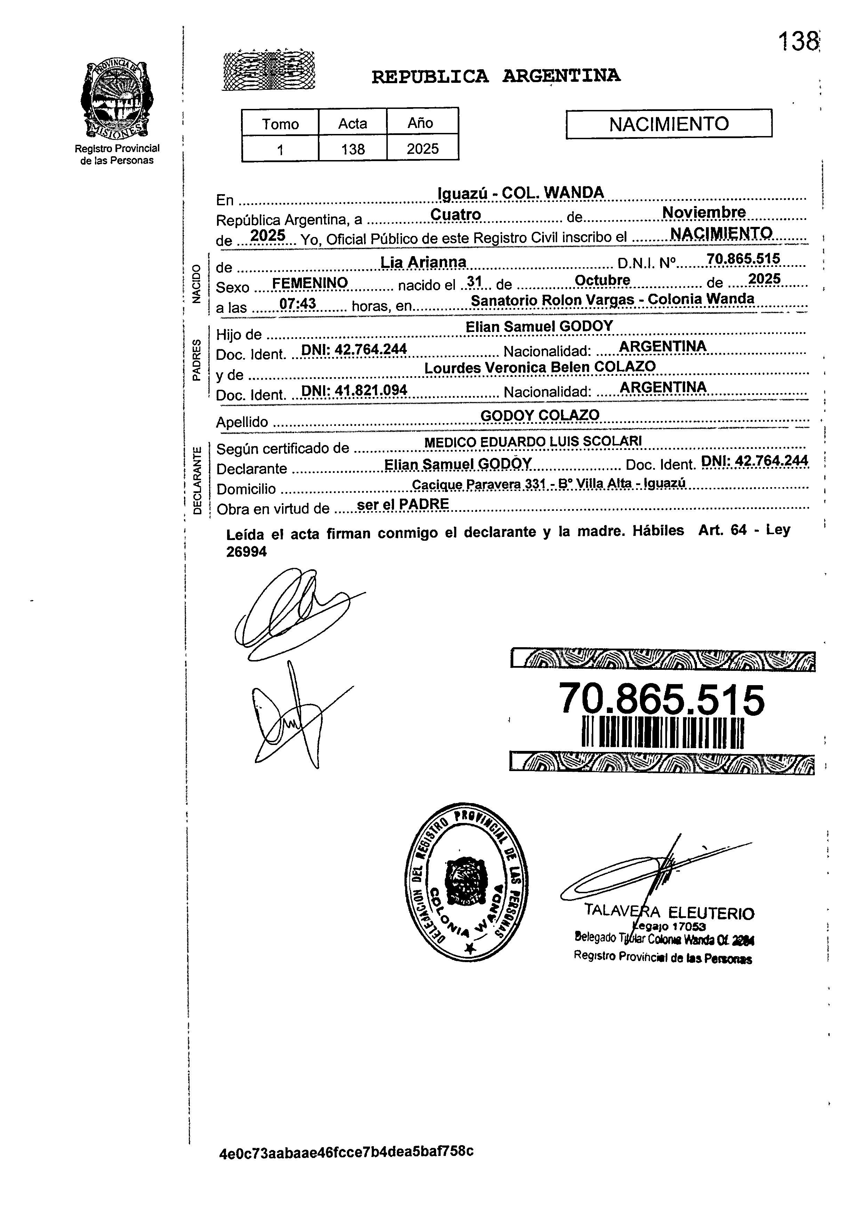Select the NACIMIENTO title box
click(x=668, y=124)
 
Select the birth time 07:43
click(x=298, y=304)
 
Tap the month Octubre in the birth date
click(x=602, y=280)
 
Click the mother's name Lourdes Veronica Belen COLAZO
click(x=540, y=367)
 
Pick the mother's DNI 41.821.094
click(x=354, y=390)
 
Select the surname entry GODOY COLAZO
click(x=540, y=415)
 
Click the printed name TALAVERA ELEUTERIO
click(x=669, y=912)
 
